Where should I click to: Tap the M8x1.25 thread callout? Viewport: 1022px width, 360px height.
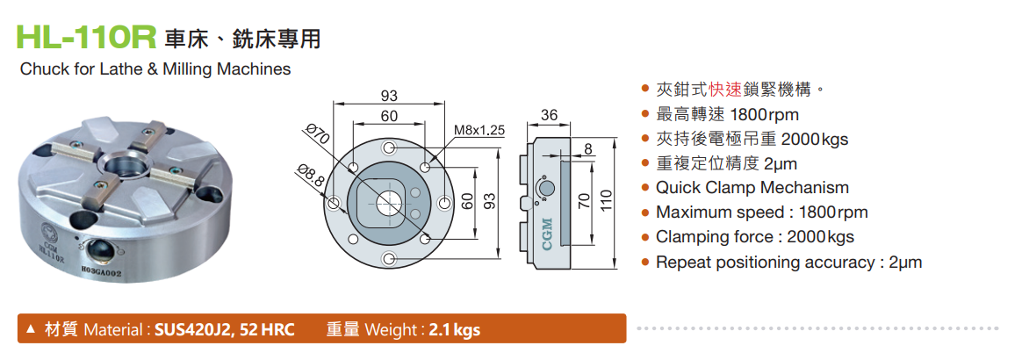click(x=479, y=131)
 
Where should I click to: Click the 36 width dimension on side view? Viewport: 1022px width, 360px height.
click(x=550, y=116)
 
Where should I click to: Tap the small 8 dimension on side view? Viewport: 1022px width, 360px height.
click(x=587, y=150)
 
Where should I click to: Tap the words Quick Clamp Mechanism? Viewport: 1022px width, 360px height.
click(x=752, y=188)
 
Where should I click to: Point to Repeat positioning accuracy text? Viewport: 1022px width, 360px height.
click(x=765, y=262)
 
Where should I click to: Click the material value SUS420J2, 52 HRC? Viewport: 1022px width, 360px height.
click(x=225, y=330)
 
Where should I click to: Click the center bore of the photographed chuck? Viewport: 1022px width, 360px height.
click(x=123, y=166)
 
